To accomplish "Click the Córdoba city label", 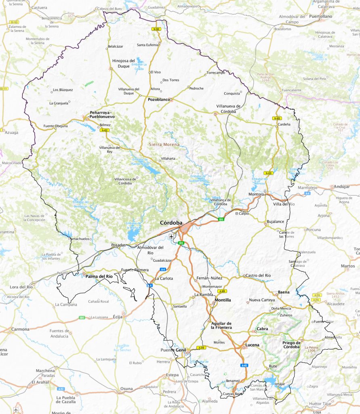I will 171,223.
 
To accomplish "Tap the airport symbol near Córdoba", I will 172,236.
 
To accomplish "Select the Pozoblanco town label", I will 158,99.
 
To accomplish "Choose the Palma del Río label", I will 99,276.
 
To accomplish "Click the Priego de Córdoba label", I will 291,344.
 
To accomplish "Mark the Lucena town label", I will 252,345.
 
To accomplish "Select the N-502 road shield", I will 156,29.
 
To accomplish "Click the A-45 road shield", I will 244,365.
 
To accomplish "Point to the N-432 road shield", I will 105,130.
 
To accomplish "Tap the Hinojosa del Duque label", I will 123,63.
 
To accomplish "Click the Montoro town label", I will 256,194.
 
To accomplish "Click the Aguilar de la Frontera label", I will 221,325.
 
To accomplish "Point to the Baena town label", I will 284,292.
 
